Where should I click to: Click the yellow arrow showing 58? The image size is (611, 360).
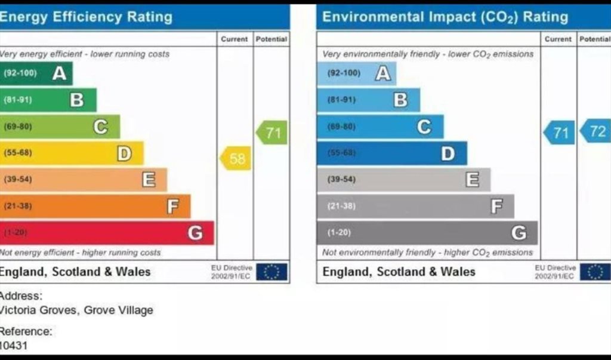pyautogui.click(x=236, y=159)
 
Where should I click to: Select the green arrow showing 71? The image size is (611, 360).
pyautogui.click(x=272, y=133)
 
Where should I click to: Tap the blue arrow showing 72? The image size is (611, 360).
pyautogui.click(x=596, y=132)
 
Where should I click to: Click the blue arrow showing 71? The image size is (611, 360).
pyautogui.click(x=560, y=133)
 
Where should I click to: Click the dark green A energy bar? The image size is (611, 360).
pyautogui.click(x=36, y=73)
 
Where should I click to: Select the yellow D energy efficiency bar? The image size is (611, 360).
pyautogui.click(x=72, y=153)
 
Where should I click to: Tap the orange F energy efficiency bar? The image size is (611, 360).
pyautogui.click(x=95, y=207)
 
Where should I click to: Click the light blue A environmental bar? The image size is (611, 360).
pyautogui.click(x=356, y=73)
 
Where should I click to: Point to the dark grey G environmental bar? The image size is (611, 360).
pyautogui.click(x=427, y=233)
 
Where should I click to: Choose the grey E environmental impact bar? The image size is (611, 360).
pyautogui.click(x=403, y=179)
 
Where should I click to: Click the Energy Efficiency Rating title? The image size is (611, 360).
pyautogui.click(x=86, y=17)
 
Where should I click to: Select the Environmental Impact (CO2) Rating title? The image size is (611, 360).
pyautogui.click(x=445, y=17)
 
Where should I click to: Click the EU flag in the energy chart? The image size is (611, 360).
pyautogui.click(x=272, y=272)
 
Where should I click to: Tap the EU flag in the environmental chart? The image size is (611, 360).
pyautogui.click(x=595, y=272)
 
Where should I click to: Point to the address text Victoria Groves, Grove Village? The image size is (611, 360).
pyautogui.click(x=76, y=310)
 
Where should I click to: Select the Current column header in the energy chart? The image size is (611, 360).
pyautogui.click(x=234, y=39)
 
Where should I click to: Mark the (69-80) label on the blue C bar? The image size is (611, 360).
pyautogui.click(x=341, y=127)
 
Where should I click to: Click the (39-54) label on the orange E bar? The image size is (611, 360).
pyautogui.click(x=18, y=180)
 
